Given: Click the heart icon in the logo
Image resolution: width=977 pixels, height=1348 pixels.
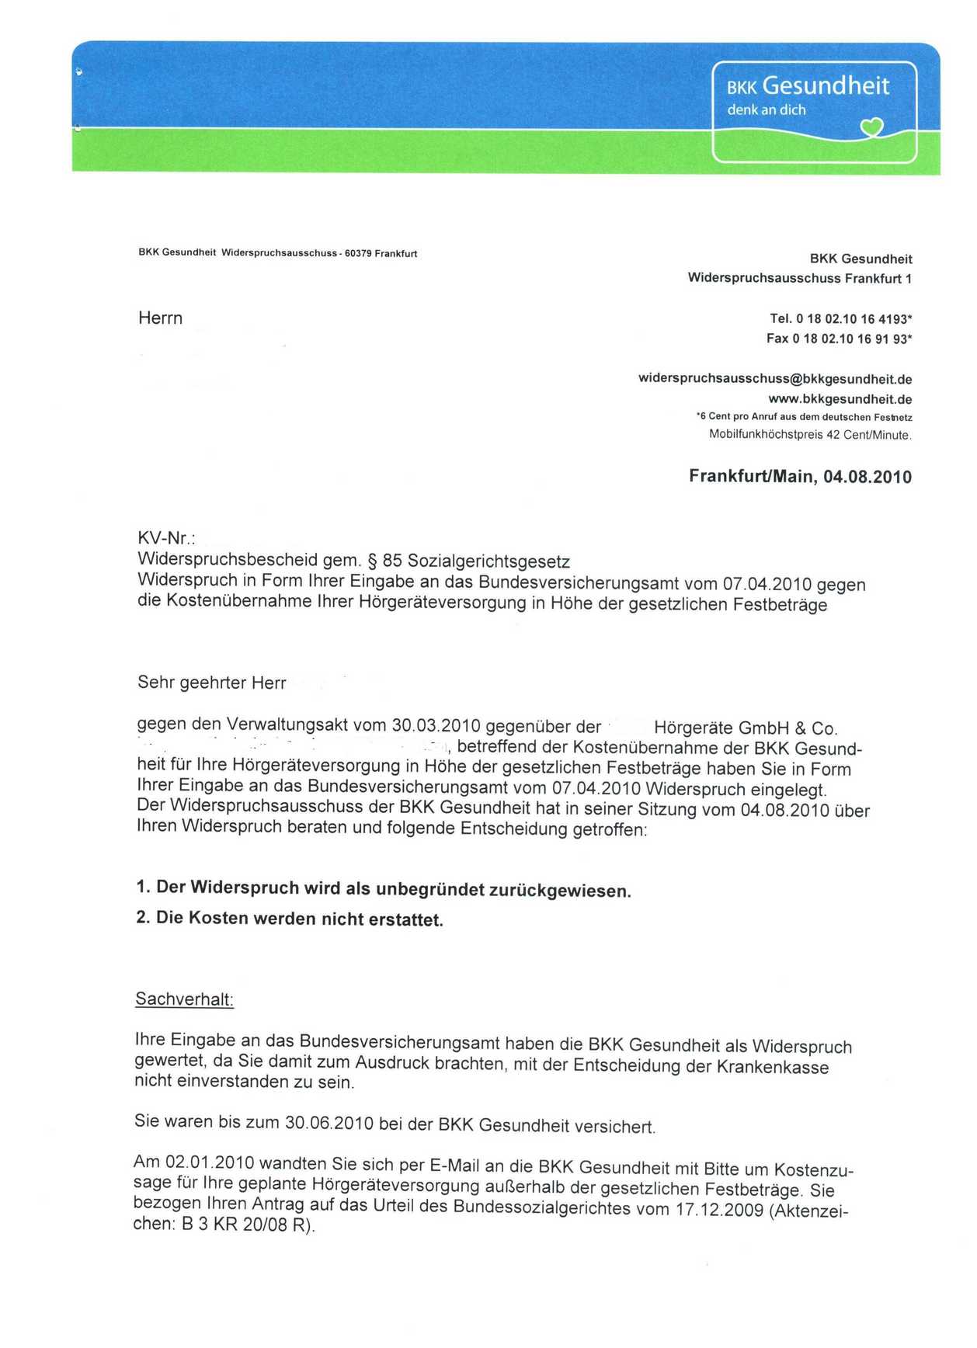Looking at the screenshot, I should (872, 126).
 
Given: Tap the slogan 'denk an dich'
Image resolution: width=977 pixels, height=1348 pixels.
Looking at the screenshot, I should (766, 110).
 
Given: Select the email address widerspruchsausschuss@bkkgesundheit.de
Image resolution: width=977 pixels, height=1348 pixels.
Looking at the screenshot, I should (774, 379).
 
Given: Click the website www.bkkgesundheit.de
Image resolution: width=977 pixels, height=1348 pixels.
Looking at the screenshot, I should (840, 399).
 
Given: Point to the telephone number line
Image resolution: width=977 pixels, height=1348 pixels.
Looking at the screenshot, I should (840, 318).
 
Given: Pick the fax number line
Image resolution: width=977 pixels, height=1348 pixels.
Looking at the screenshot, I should (839, 339).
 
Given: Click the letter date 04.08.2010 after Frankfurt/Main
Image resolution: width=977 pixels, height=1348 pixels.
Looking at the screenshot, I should (867, 477).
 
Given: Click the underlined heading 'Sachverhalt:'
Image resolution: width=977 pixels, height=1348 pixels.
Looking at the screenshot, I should (184, 999).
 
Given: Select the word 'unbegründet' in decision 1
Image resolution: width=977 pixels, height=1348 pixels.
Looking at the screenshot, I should (430, 889).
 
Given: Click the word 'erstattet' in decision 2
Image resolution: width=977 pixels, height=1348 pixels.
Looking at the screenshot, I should (409, 920).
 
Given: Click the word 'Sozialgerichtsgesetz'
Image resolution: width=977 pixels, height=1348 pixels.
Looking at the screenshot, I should (488, 561).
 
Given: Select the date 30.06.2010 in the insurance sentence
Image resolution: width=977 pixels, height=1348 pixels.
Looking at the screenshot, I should (329, 1124).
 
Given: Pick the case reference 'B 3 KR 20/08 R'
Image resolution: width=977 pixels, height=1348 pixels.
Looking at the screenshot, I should (245, 1226).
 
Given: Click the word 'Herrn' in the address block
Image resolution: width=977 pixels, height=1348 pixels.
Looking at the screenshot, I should (160, 318).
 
